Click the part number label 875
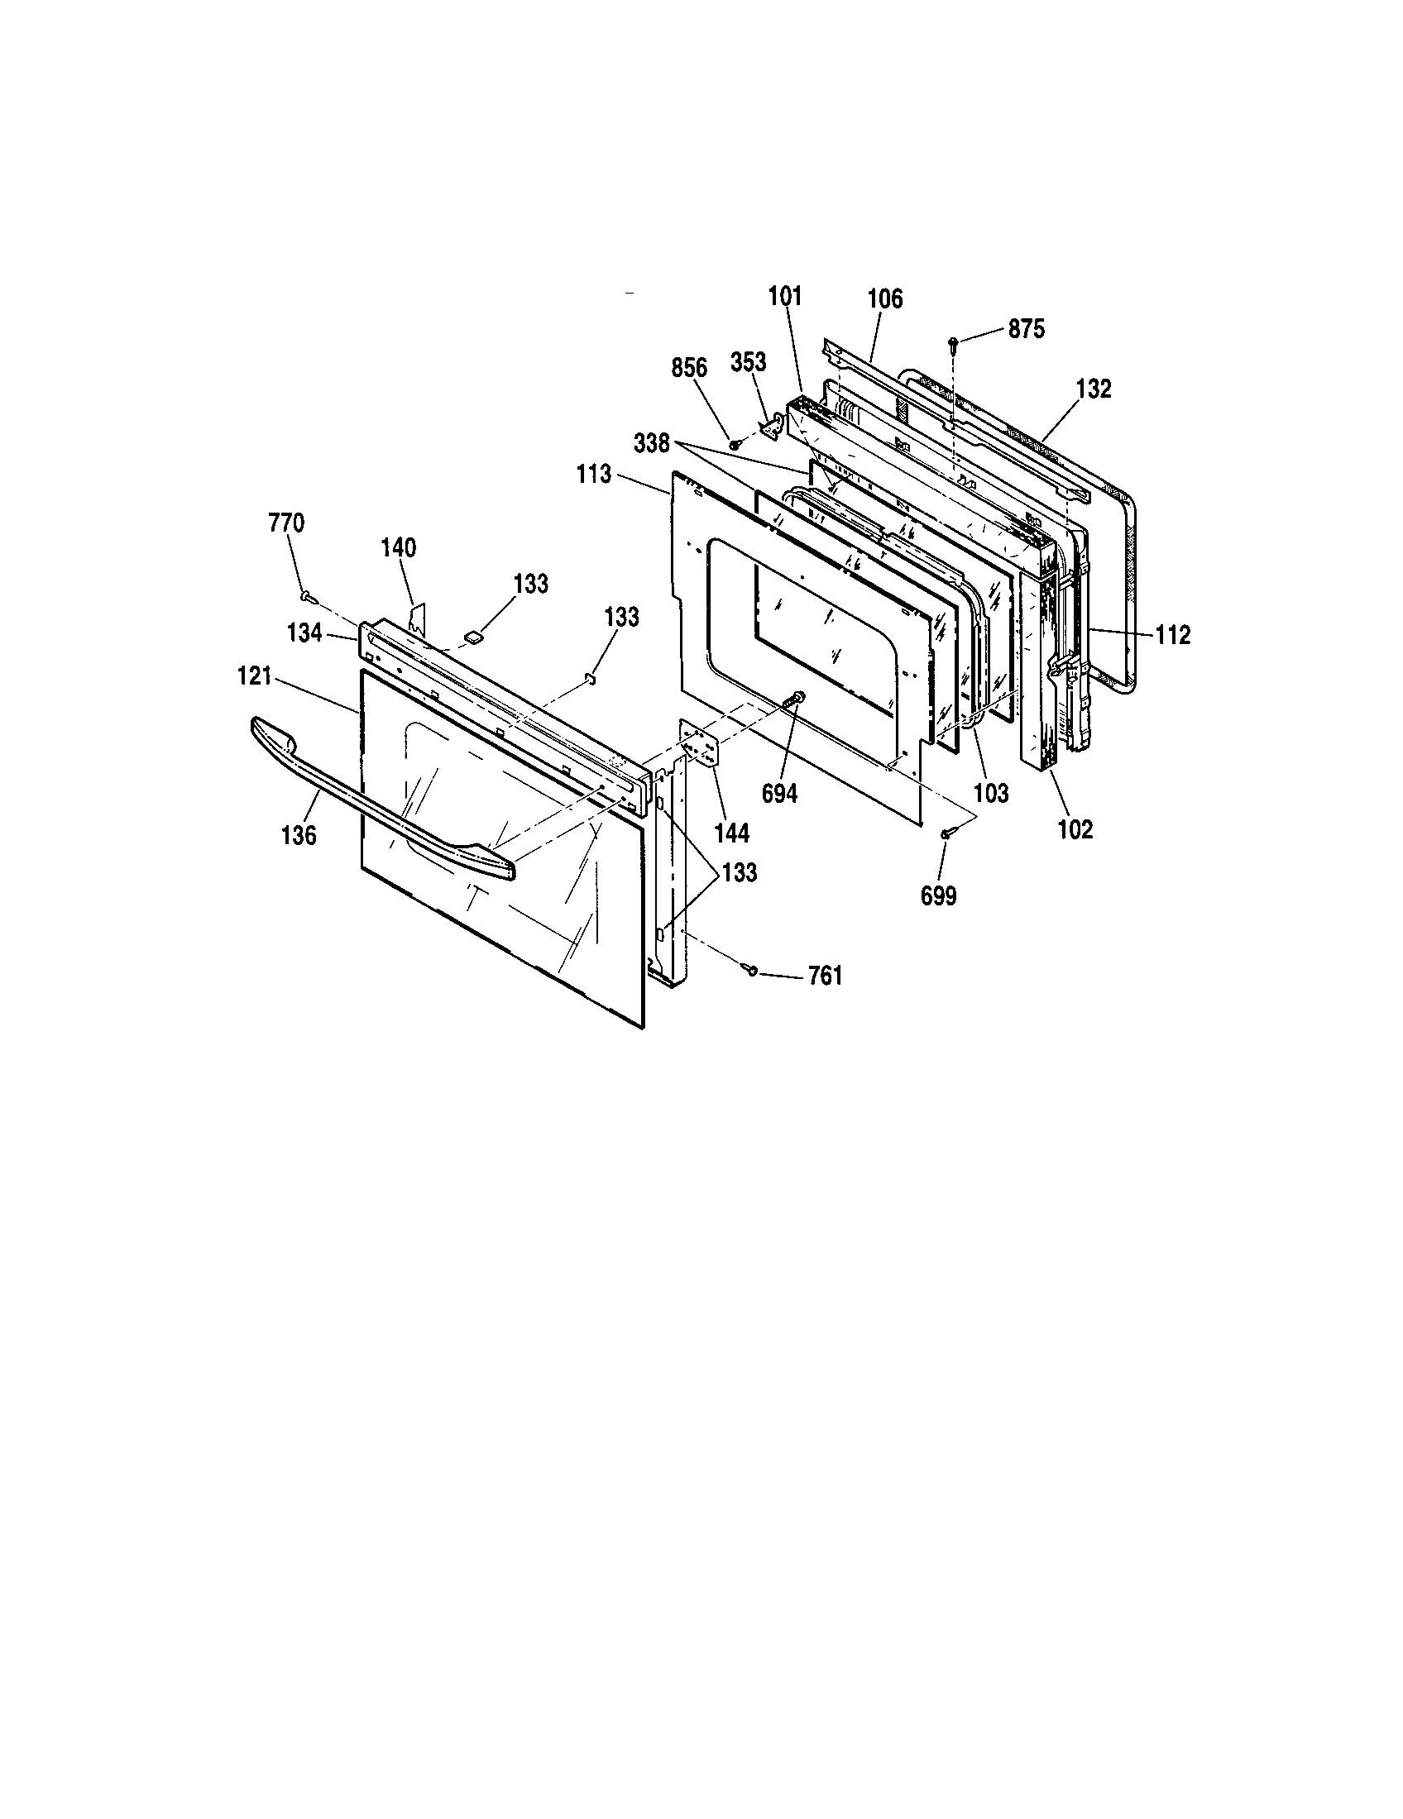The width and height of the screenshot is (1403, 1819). point(1026,329)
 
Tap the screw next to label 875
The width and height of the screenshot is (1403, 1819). point(952,342)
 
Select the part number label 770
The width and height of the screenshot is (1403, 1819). point(285,523)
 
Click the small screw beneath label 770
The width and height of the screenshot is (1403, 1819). point(307,595)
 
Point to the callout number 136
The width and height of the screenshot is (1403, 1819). point(299,834)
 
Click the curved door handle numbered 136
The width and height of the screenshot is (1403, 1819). point(375,791)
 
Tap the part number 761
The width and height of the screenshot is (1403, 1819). point(825,976)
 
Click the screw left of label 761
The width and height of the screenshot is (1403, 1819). point(751,968)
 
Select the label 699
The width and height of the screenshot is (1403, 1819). point(938,895)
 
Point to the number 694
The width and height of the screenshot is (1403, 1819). point(779,794)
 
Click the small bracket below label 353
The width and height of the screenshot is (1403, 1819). point(772,426)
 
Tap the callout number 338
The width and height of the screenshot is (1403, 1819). point(652,444)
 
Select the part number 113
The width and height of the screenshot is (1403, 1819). point(593,475)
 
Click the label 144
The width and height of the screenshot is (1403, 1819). point(731,832)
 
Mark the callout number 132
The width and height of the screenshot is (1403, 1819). point(1093,389)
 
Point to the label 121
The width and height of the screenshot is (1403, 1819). point(255,676)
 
